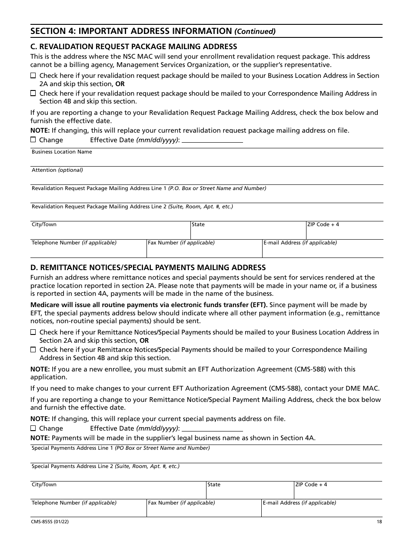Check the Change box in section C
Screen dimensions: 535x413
point(33,140)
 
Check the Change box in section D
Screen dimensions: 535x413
point(33,428)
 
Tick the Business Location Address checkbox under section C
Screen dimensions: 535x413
point(33,76)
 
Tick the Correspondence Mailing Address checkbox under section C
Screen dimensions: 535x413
point(33,93)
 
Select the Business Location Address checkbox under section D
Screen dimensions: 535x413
point(33,332)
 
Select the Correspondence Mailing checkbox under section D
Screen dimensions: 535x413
point(33,349)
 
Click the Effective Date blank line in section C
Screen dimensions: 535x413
point(212,140)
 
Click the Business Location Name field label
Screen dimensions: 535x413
point(62,152)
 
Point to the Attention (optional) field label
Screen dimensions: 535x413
point(57,170)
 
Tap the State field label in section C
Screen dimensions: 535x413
point(198,224)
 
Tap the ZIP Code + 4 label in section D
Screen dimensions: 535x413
point(311,485)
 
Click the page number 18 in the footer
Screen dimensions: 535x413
point(380,522)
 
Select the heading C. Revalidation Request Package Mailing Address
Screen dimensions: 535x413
point(133,47)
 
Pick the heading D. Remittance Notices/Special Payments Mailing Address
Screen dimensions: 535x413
point(148,267)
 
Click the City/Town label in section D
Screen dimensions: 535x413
point(44,485)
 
